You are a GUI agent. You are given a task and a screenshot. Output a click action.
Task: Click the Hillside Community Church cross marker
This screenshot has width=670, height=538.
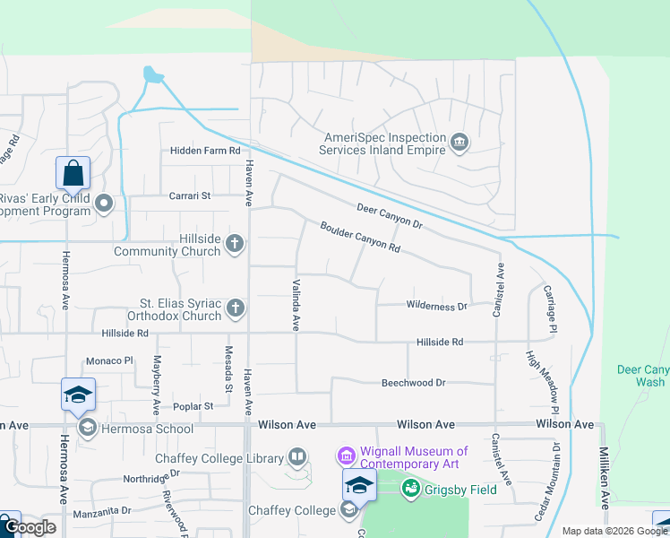[235, 244]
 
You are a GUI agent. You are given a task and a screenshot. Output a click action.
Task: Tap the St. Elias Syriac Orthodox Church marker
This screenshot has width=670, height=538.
[235, 308]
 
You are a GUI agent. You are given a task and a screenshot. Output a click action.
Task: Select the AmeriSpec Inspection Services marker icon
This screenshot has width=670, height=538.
[460, 143]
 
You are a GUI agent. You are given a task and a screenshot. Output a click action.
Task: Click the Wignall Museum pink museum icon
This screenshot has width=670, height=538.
[347, 457]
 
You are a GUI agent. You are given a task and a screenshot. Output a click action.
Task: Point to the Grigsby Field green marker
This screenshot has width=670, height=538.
[411, 489]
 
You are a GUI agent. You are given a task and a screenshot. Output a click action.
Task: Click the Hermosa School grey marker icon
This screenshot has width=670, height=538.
[88, 427]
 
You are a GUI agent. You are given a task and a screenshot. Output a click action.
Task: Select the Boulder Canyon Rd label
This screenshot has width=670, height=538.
[359, 236]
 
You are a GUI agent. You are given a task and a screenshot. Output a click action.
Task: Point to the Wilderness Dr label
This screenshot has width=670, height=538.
[437, 306]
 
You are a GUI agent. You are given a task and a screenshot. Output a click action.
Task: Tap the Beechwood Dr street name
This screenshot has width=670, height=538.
[413, 383]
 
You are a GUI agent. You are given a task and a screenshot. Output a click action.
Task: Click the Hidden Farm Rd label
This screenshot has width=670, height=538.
[206, 151]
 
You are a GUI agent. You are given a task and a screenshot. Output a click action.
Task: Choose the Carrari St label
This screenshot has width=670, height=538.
[189, 195]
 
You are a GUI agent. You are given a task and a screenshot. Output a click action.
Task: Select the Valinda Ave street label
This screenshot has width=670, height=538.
[295, 305]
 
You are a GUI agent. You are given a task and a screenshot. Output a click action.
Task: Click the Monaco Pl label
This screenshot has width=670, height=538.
[109, 360]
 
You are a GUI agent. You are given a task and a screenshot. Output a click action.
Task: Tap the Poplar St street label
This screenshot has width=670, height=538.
[194, 405]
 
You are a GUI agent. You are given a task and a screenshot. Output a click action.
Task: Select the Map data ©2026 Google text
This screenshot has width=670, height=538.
[614, 531]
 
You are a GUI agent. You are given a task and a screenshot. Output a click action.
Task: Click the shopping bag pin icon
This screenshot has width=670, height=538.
[73, 171]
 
